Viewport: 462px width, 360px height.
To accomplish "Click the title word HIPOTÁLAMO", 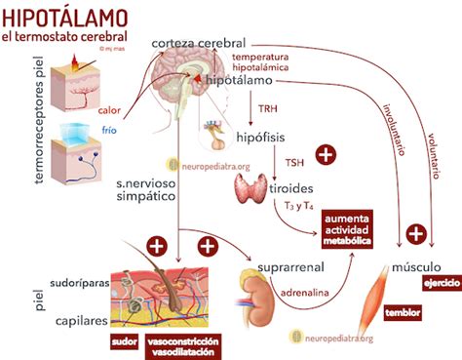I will click(66, 17).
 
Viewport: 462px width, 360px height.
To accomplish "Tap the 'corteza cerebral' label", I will click(198, 45).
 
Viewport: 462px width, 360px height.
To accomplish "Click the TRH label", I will click(265, 108).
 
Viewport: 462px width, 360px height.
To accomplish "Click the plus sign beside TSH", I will click(327, 155).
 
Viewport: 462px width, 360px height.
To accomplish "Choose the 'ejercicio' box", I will click(440, 283).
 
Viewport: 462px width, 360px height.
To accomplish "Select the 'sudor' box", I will click(124, 341).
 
